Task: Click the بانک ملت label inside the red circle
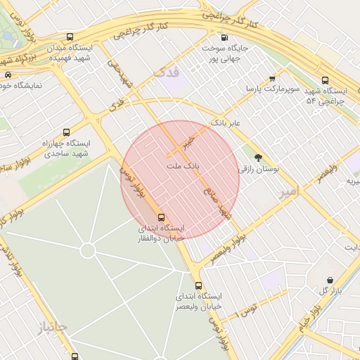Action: [x=182, y=166]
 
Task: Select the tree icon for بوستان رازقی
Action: [x=258, y=157]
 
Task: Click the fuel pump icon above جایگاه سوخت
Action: [x=224, y=37]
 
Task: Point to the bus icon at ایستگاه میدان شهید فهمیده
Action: [x=69, y=36]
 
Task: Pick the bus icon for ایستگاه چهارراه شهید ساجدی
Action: [x=67, y=131]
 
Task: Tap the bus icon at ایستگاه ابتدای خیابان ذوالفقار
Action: [x=162, y=217]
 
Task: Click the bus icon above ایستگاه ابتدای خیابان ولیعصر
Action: [x=199, y=285]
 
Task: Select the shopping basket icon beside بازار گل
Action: [x=330, y=280]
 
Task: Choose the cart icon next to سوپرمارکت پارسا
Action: [x=272, y=79]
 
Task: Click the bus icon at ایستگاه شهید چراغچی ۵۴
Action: [x=325, y=80]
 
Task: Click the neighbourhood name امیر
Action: [x=289, y=191]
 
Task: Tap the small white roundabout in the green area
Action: [x=88, y=251]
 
